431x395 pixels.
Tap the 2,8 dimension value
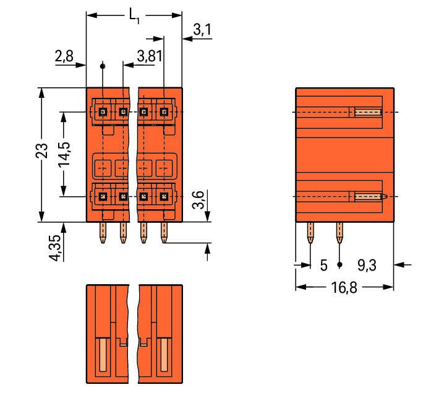click(x=64, y=57)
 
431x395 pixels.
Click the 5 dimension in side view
click(x=323, y=266)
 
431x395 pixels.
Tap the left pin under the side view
click(x=310, y=233)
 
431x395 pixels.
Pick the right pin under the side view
click(x=339, y=233)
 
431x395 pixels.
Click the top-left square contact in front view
click(x=103, y=112)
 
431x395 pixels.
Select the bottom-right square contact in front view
click(x=164, y=197)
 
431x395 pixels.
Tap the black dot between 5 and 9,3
click(x=339, y=265)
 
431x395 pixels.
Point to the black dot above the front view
click(x=103, y=65)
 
